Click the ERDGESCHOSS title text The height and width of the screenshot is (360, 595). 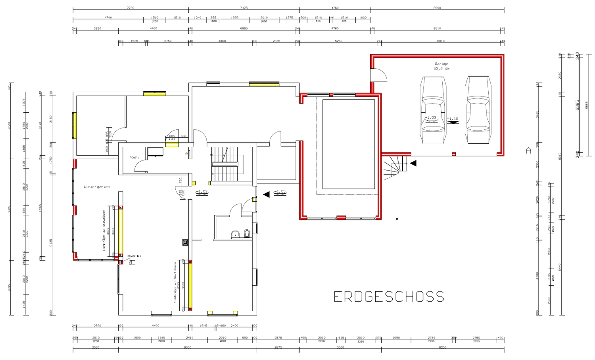(388, 297)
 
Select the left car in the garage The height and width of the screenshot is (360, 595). (434, 110)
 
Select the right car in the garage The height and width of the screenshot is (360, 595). (478, 110)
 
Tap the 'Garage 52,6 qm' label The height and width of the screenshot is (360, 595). (441, 66)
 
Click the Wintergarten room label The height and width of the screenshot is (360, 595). (96, 187)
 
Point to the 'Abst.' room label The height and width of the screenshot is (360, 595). (134, 158)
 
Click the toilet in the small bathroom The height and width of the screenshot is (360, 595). (247, 233)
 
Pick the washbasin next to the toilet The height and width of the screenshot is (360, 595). (235, 234)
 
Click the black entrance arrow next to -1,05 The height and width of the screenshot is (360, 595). (266, 194)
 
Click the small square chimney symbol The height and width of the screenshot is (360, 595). (185, 242)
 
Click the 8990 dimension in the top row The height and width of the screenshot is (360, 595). (437, 8)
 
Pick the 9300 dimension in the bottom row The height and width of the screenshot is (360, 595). (187, 347)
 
